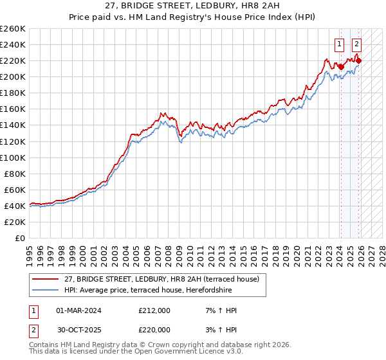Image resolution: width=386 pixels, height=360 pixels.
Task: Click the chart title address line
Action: point(192,7)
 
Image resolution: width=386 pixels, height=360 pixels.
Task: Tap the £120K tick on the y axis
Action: point(12,141)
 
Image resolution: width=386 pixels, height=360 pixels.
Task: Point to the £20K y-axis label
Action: point(14,222)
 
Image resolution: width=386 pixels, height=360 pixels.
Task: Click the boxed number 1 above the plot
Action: point(338,44)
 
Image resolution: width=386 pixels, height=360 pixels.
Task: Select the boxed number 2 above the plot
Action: point(356,44)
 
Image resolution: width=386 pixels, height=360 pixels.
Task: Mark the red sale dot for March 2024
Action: point(341,67)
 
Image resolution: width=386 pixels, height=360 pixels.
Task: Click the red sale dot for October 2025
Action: point(359,60)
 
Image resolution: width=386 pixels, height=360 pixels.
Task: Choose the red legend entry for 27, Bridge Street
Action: point(161,279)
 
